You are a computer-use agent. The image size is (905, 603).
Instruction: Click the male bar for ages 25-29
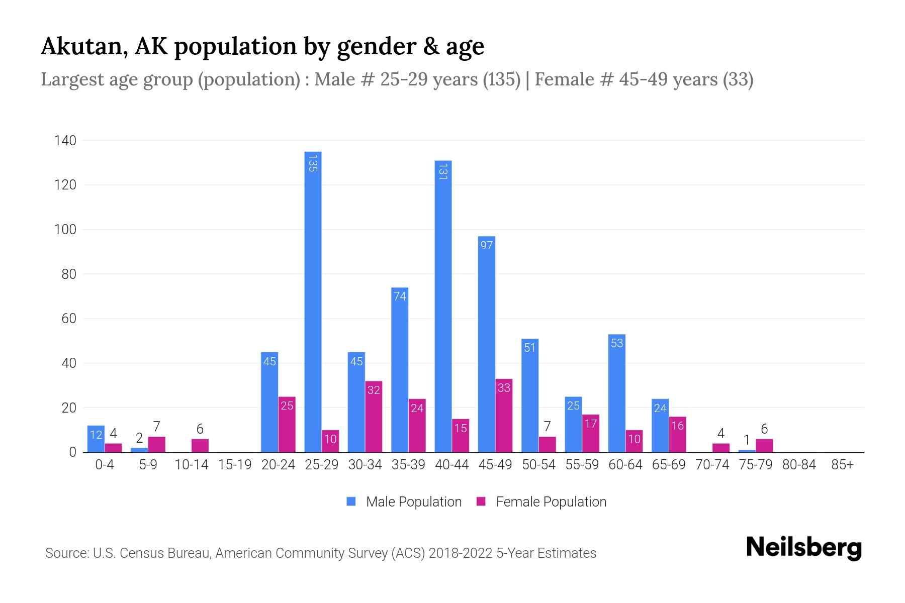click(313, 301)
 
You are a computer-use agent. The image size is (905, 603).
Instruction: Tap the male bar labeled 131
click(443, 307)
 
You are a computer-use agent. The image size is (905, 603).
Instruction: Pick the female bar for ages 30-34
click(374, 417)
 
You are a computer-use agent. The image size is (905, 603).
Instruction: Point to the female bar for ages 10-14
click(200, 446)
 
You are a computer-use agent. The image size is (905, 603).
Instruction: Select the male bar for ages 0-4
click(96, 439)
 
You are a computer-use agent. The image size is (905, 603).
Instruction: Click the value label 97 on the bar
click(486, 245)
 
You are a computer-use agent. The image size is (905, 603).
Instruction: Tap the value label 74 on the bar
click(400, 296)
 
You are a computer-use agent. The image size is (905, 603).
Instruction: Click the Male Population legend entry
click(404, 502)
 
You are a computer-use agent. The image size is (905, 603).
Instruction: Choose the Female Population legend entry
click(542, 502)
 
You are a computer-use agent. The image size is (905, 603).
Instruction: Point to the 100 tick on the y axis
click(65, 230)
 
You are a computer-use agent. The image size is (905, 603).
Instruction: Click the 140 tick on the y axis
click(65, 141)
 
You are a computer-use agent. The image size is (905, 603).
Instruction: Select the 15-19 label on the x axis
click(235, 465)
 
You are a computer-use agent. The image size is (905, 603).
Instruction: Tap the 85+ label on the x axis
click(842, 465)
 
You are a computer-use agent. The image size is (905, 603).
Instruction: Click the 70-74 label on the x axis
click(712, 465)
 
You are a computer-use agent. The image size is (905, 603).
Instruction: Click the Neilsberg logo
click(803, 548)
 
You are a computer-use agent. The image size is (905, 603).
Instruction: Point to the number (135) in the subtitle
click(501, 79)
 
